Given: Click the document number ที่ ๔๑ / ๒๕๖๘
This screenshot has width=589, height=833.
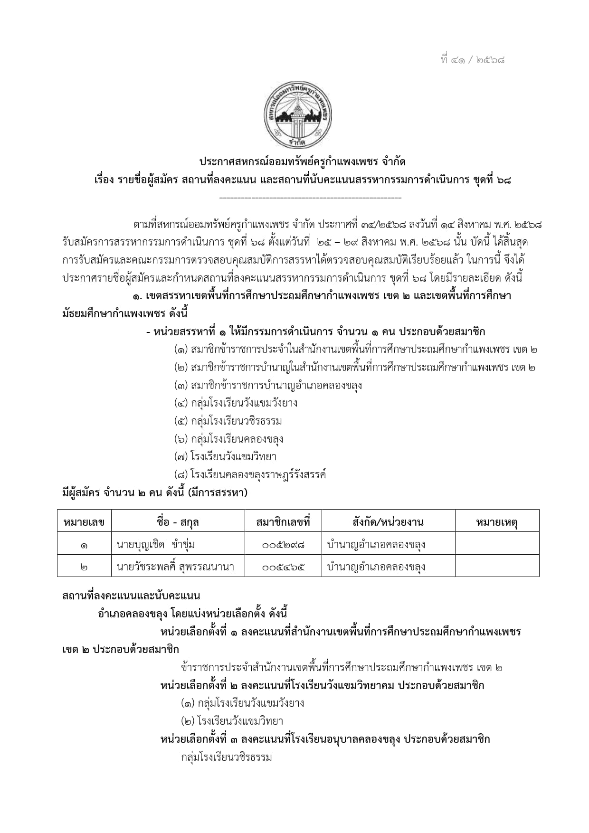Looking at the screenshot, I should tap(473, 60).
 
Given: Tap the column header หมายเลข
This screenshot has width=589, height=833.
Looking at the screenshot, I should tap(84, 522).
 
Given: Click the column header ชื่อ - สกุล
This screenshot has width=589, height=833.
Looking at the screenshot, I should tap(178, 522).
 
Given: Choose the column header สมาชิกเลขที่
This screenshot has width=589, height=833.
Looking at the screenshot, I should tap(283, 522).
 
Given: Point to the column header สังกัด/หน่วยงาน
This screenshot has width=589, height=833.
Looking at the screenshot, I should tap(388, 522).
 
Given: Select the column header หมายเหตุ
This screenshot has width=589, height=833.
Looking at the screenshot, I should tap(496, 522).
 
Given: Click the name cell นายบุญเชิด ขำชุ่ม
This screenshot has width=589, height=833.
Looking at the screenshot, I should tap(156, 544).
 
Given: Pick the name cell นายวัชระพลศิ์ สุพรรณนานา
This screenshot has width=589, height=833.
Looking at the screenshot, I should tap(175, 567).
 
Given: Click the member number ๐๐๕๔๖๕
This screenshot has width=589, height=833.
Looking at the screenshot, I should tap(283, 567).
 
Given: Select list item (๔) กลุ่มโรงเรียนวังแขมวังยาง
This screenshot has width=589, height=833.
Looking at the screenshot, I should tap(236, 403).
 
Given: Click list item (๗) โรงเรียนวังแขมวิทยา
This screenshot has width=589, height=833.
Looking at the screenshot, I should tap(225, 457).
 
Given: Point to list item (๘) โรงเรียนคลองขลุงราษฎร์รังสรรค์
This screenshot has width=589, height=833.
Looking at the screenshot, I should tap(250, 474).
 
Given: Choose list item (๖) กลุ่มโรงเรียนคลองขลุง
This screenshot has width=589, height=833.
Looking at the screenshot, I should tap(228, 439).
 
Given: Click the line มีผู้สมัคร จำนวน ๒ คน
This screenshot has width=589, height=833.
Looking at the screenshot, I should tap(155, 492).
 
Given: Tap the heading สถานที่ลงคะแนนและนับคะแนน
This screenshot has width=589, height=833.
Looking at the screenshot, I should tap(131, 596).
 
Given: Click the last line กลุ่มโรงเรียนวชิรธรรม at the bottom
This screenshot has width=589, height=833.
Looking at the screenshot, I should tap(226, 757).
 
